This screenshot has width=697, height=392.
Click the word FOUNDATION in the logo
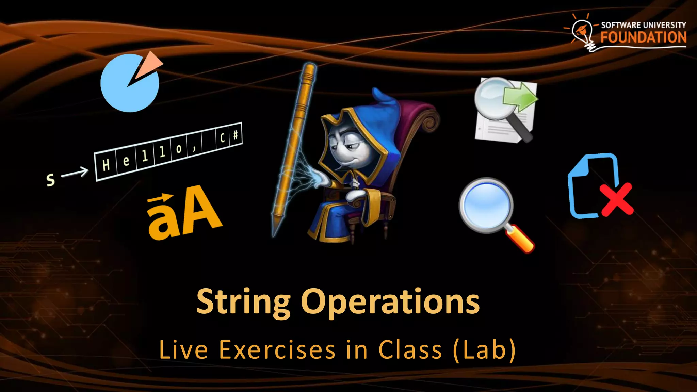643,37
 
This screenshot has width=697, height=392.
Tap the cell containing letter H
106,165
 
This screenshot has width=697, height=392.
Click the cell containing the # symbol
236,135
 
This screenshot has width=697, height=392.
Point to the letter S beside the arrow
50,180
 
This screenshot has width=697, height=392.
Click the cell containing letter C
222,138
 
